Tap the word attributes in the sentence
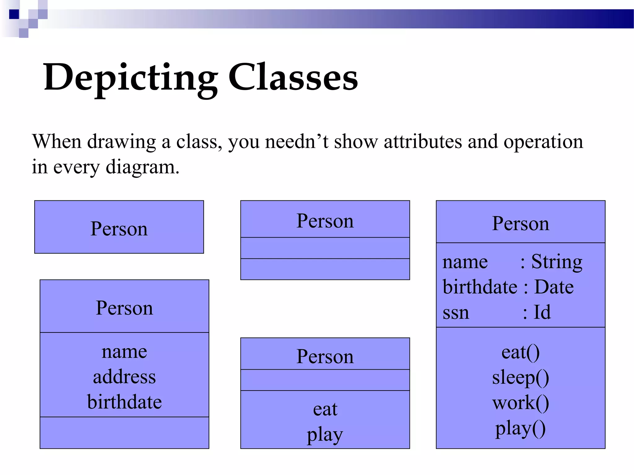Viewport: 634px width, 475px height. [423, 142]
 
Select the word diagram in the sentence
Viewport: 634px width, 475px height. [142, 167]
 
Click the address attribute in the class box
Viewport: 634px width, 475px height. [124, 377]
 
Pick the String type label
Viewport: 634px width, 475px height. [557, 262]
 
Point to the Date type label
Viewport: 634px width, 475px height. [554, 287]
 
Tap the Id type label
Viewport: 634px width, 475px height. [542, 312]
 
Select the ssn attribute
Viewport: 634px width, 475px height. [456, 313]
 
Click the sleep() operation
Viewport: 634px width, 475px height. [520, 378]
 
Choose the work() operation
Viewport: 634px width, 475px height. [520, 403]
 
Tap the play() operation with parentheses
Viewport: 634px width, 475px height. [520, 429]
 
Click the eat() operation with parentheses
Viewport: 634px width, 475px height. [520, 352]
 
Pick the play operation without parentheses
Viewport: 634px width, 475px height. [325, 435]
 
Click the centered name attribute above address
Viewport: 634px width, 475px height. [124, 352]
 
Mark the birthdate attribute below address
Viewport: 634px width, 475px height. [124, 402]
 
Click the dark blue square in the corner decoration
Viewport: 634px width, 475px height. [14, 14]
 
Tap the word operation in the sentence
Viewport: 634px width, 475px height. [543, 142]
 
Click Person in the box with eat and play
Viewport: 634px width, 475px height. [325, 357]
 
